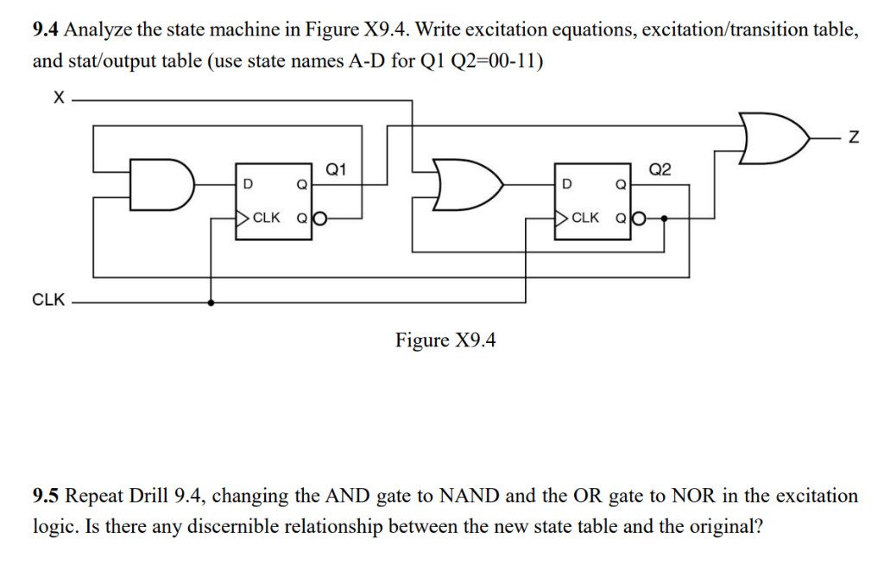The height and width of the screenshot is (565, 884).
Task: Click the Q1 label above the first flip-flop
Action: (338, 169)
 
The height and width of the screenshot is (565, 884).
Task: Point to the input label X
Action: (57, 100)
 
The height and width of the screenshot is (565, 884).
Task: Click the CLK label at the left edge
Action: (48, 301)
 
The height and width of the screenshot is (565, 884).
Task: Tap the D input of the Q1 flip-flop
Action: (248, 184)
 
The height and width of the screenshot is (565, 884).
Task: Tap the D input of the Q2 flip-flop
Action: (566, 184)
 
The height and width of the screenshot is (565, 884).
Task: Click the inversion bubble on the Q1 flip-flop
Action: (320, 218)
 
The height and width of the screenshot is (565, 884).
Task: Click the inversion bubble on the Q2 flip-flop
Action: (640, 218)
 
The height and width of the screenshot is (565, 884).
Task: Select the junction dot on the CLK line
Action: (212, 302)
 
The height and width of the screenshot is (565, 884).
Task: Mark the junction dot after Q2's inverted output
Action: (663, 218)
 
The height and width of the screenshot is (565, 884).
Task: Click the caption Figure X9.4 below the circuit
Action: (445, 340)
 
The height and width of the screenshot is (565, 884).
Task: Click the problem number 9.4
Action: (47, 31)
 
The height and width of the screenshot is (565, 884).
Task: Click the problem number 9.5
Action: (47, 497)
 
